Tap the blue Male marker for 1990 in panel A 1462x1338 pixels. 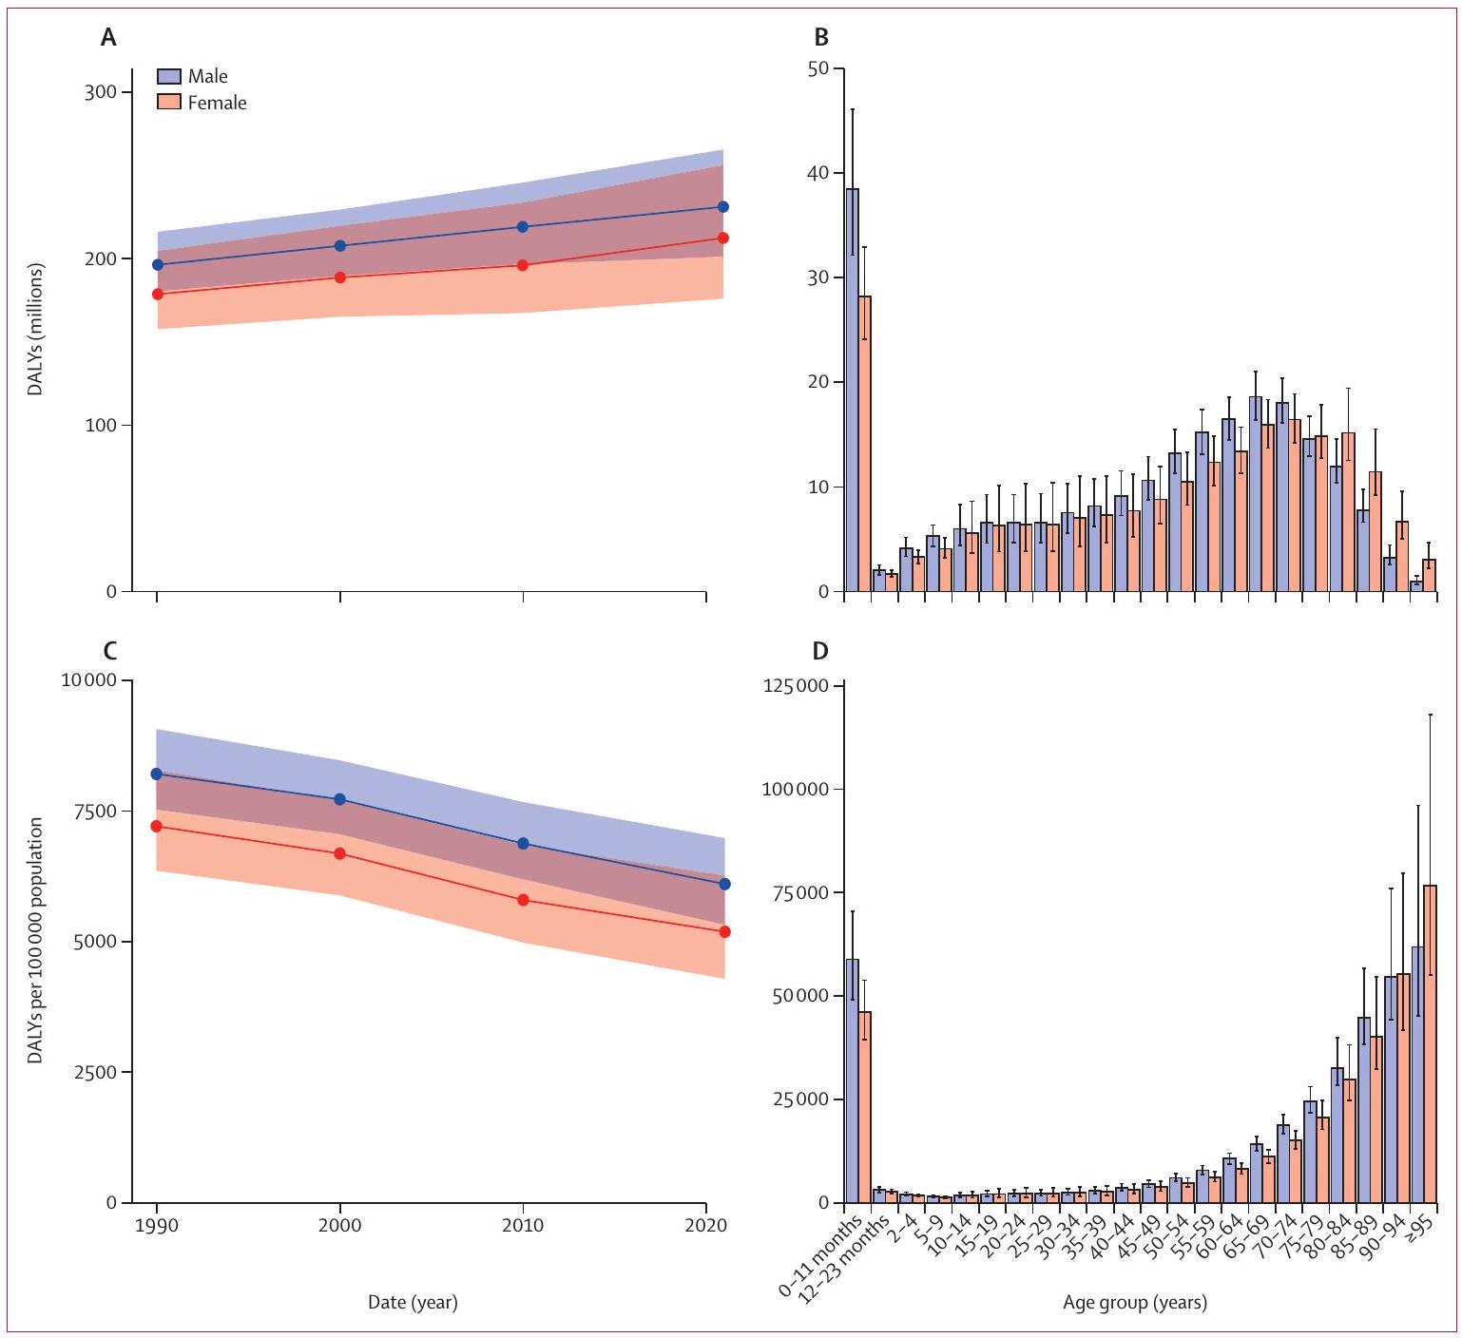(x=158, y=264)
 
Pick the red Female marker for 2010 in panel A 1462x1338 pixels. (x=523, y=265)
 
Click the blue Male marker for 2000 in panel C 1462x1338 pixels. (x=340, y=799)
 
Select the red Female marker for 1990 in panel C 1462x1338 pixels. (x=157, y=826)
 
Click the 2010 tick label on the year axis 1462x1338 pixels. (x=523, y=1225)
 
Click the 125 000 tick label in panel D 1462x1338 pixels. (x=796, y=686)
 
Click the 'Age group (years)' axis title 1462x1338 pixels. (x=1135, y=1303)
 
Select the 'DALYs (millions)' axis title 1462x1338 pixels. (x=36, y=330)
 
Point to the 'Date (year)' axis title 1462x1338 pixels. (x=413, y=1303)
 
